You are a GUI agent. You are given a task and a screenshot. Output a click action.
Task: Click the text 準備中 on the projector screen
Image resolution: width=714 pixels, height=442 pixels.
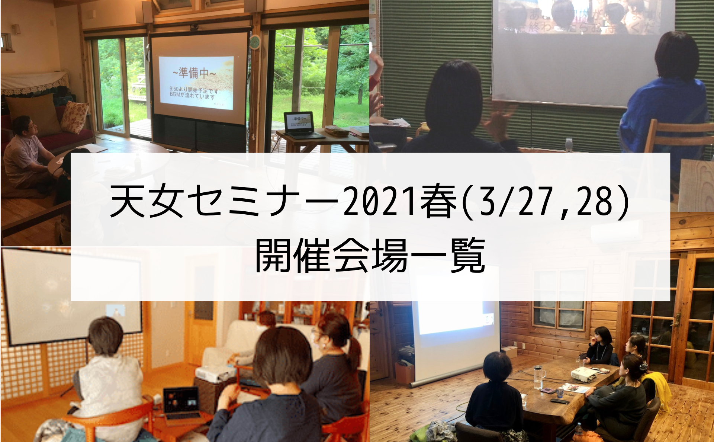[x=194, y=73]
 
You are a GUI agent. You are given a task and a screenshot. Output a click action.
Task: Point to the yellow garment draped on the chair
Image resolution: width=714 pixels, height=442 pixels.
[x=658, y=391]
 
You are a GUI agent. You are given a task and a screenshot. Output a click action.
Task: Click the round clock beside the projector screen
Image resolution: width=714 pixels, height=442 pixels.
[x=255, y=42]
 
